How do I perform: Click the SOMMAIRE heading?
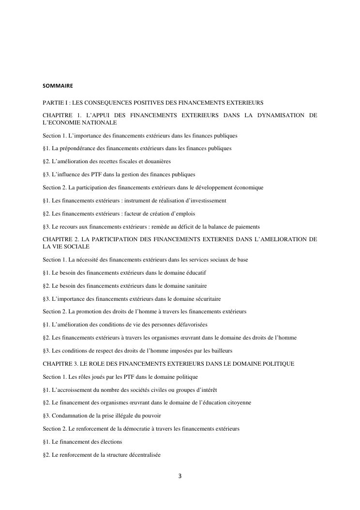click(58, 86)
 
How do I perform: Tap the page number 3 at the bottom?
click(180, 476)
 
